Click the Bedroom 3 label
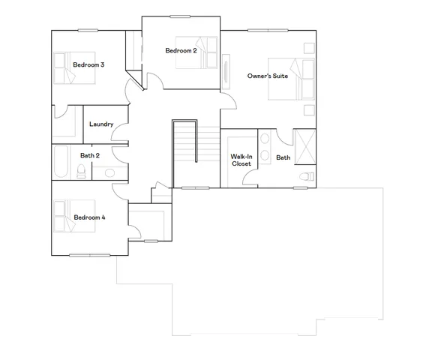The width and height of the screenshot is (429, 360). [x=88, y=65]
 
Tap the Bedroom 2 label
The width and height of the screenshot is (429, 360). [x=181, y=50]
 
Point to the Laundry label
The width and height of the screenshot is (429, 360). [x=100, y=124]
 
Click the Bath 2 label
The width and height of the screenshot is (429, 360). [x=90, y=156]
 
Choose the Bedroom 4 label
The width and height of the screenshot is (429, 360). [x=89, y=217]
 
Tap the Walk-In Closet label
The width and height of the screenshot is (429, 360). [x=241, y=160]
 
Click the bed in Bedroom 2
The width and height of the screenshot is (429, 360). [x=196, y=53]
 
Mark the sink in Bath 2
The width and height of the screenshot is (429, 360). [x=109, y=173]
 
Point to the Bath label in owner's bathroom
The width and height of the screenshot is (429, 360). [x=283, y=157]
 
